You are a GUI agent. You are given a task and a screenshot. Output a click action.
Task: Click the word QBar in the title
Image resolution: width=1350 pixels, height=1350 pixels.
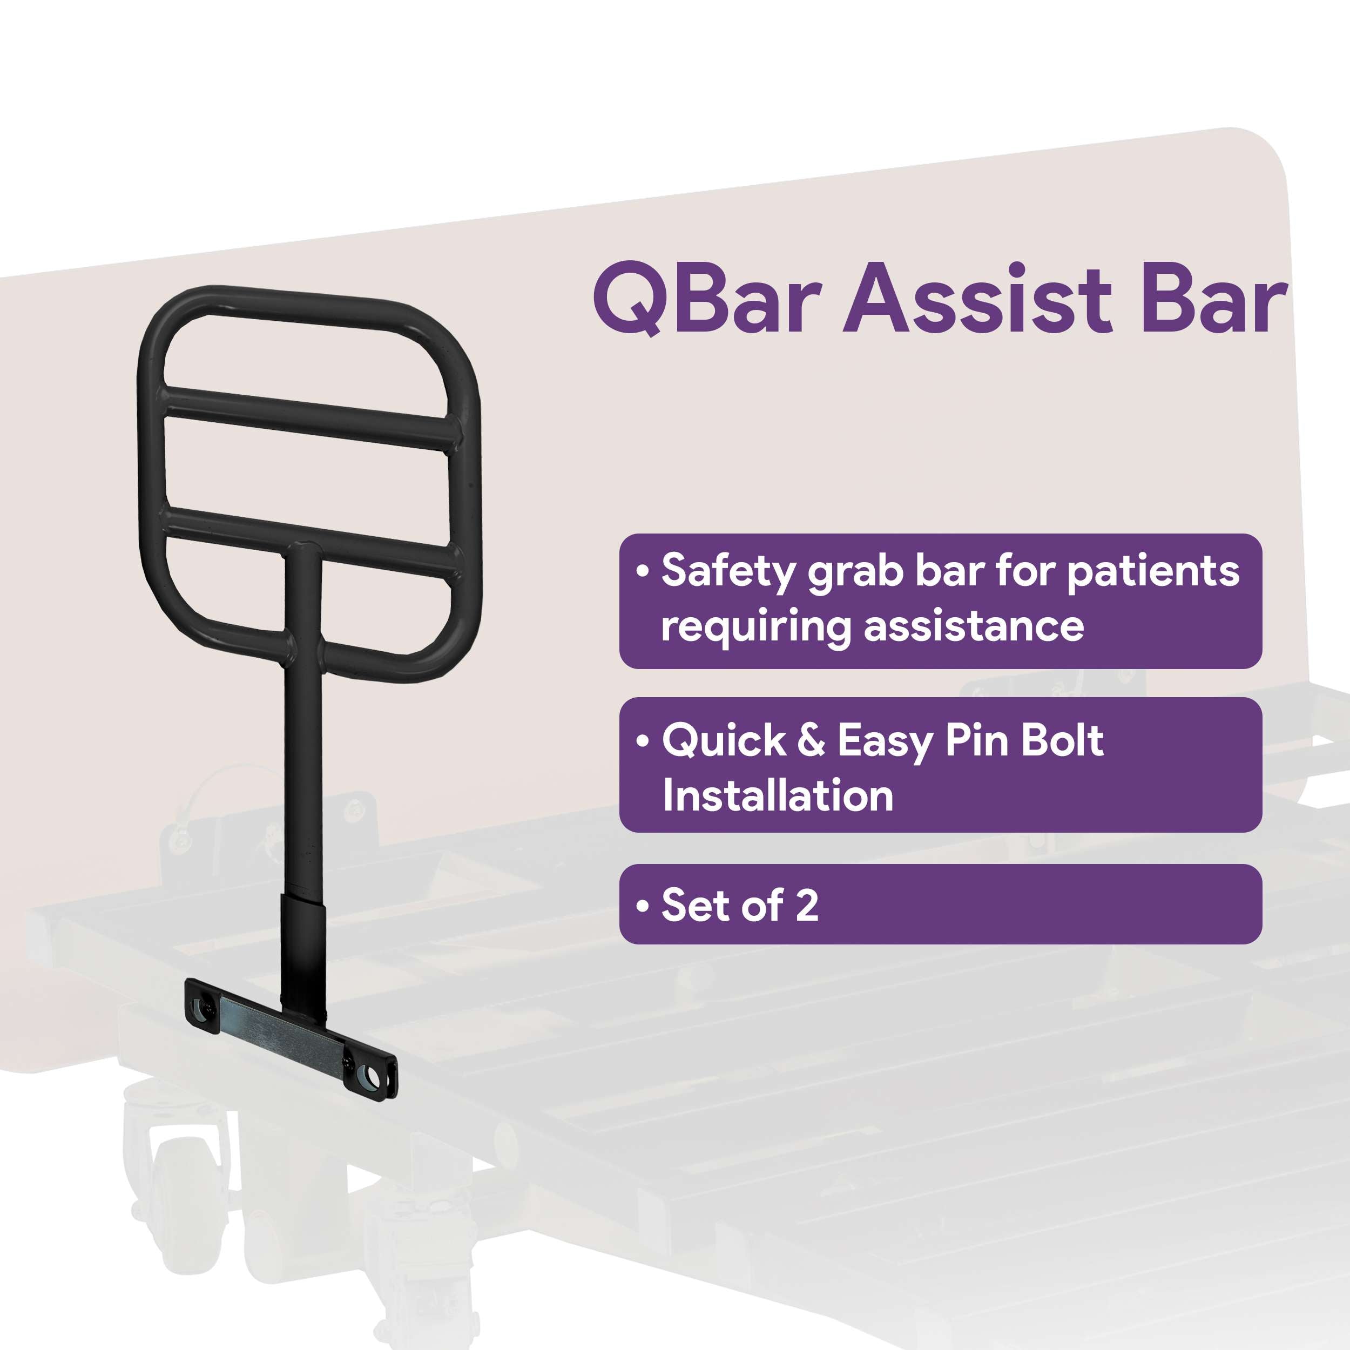coord(706,300)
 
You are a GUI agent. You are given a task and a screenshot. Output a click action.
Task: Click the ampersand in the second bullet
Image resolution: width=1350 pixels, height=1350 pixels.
coord(811,741)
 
